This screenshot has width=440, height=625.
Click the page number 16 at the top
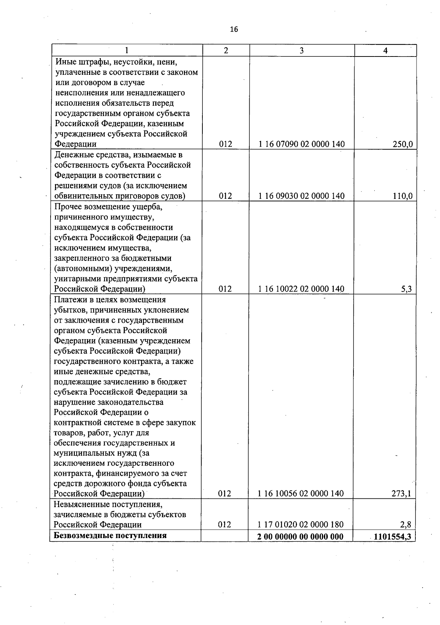[x=234, y=29]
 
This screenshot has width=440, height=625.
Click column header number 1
[x=126, y=51]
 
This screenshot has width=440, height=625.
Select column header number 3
[x=301, y=51]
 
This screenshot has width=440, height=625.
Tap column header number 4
[x=385, y=51]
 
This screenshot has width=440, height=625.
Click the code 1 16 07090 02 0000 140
[x=301, y=144]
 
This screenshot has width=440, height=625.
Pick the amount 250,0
[x=402, y=144]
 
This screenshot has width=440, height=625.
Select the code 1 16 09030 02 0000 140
[x=301, y=196]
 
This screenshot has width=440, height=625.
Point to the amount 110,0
[x=402, y=196]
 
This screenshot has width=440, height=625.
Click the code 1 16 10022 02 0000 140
[x=301, y=289]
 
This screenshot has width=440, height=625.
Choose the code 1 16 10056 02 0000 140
[x=301, y=493]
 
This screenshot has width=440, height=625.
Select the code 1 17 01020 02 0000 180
[x=301, y=525]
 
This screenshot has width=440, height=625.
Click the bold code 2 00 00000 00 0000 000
[x=300, y=537]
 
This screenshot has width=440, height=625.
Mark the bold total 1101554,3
[x=393, y=537]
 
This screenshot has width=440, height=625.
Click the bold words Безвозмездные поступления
[x=110, y=535]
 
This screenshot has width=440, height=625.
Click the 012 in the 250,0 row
[x=225, y=144]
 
